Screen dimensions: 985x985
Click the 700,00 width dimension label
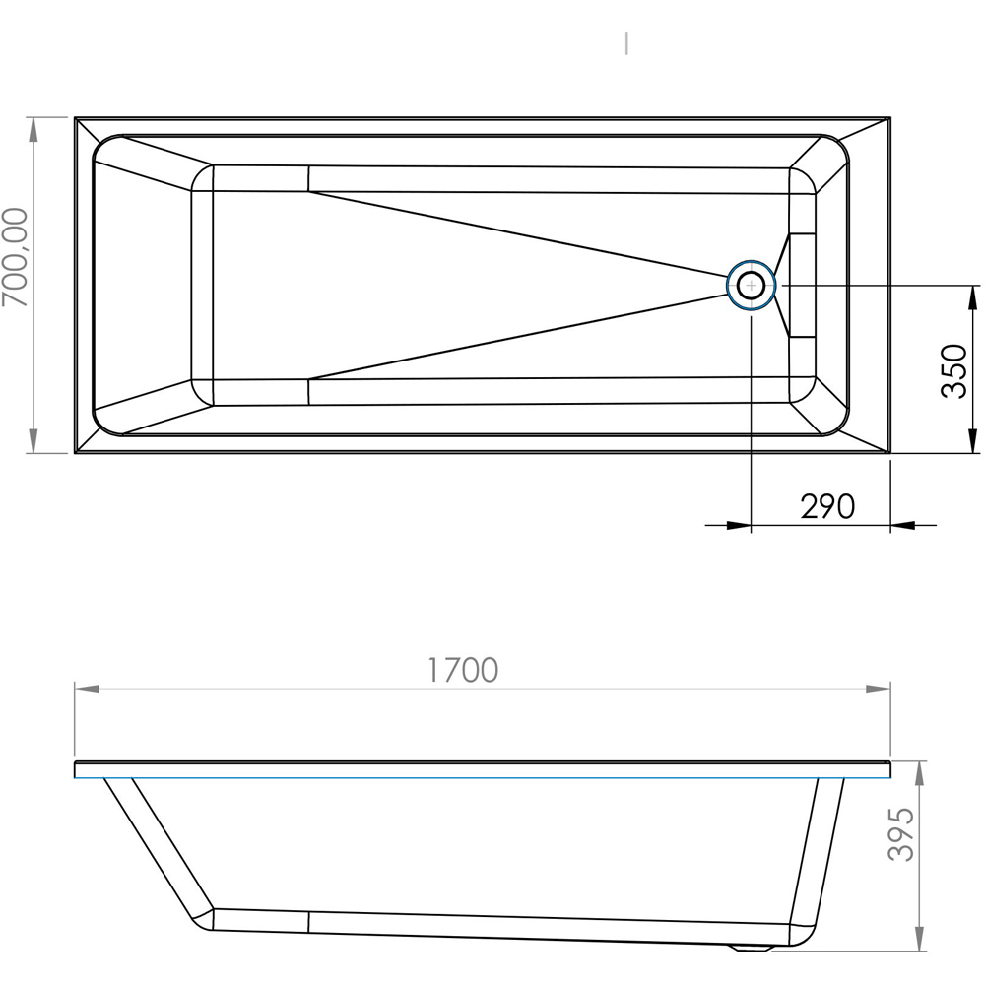tap(16, 257)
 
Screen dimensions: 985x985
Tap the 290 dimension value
tap(827, 506)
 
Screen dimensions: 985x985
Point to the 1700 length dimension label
tap(463, 670)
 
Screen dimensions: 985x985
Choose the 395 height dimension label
tap(901, 833)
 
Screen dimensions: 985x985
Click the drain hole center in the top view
tap(752, 286)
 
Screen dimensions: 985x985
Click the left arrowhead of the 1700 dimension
tap(87, 689)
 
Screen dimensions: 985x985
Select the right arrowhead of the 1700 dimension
tap(879, 689)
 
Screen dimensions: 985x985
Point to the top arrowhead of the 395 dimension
tap(920, 773)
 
